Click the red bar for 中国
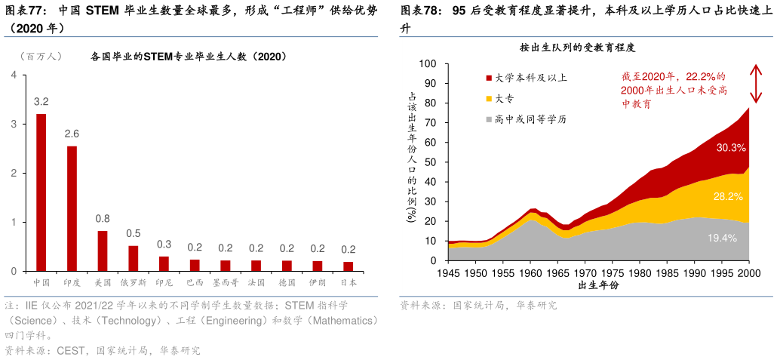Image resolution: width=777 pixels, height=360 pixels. coord(41,192)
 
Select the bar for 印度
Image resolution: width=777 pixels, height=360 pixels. coord(72,208)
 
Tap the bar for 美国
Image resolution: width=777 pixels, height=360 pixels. coord(103,251)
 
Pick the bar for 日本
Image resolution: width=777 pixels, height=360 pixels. coord(348,266)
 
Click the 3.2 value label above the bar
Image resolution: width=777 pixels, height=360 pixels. coord(41,101)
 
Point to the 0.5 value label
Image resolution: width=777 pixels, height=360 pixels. coord(134,233)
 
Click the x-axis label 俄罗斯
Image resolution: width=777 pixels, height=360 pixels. coord(134,282)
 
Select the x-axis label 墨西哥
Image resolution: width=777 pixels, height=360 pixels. coord(225,282)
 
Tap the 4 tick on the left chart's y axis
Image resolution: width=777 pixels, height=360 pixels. coord(14,75)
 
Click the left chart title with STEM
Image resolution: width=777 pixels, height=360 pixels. coord(188,56)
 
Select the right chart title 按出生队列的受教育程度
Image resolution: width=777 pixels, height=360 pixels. coord(577,48)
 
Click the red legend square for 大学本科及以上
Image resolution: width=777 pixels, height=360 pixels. coord(489,78)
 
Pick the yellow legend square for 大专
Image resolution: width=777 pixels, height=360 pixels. coord(489,98)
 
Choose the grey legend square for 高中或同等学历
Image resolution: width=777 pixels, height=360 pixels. coord(489,119)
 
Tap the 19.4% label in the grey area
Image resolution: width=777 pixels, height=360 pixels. coord(722,238)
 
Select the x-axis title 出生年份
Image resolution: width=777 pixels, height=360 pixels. coord(598,285)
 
